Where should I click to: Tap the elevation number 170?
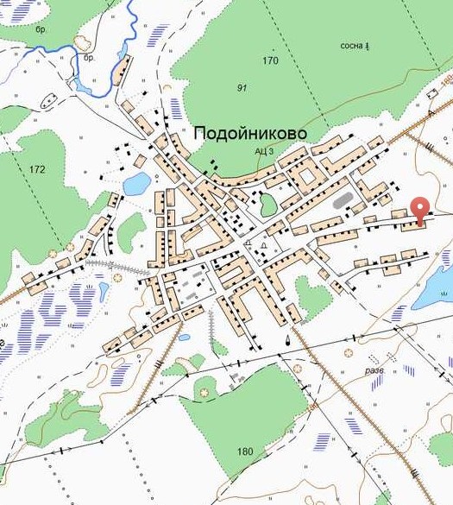pos(271,61)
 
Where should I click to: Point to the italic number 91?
pos(242,88)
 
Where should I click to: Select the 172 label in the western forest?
pos(36,169)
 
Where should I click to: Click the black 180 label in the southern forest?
pos(245,451)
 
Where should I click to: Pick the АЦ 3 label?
pos(263,151)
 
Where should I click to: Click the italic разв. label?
pos(374,370)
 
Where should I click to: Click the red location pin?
pos(419,208)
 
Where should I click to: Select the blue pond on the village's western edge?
pos(136,183)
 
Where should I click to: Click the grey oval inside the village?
pos(343,201)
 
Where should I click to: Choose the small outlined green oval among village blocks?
pos(268,205)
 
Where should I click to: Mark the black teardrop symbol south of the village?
pos(288,341)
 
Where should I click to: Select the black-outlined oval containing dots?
pos(85,42)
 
